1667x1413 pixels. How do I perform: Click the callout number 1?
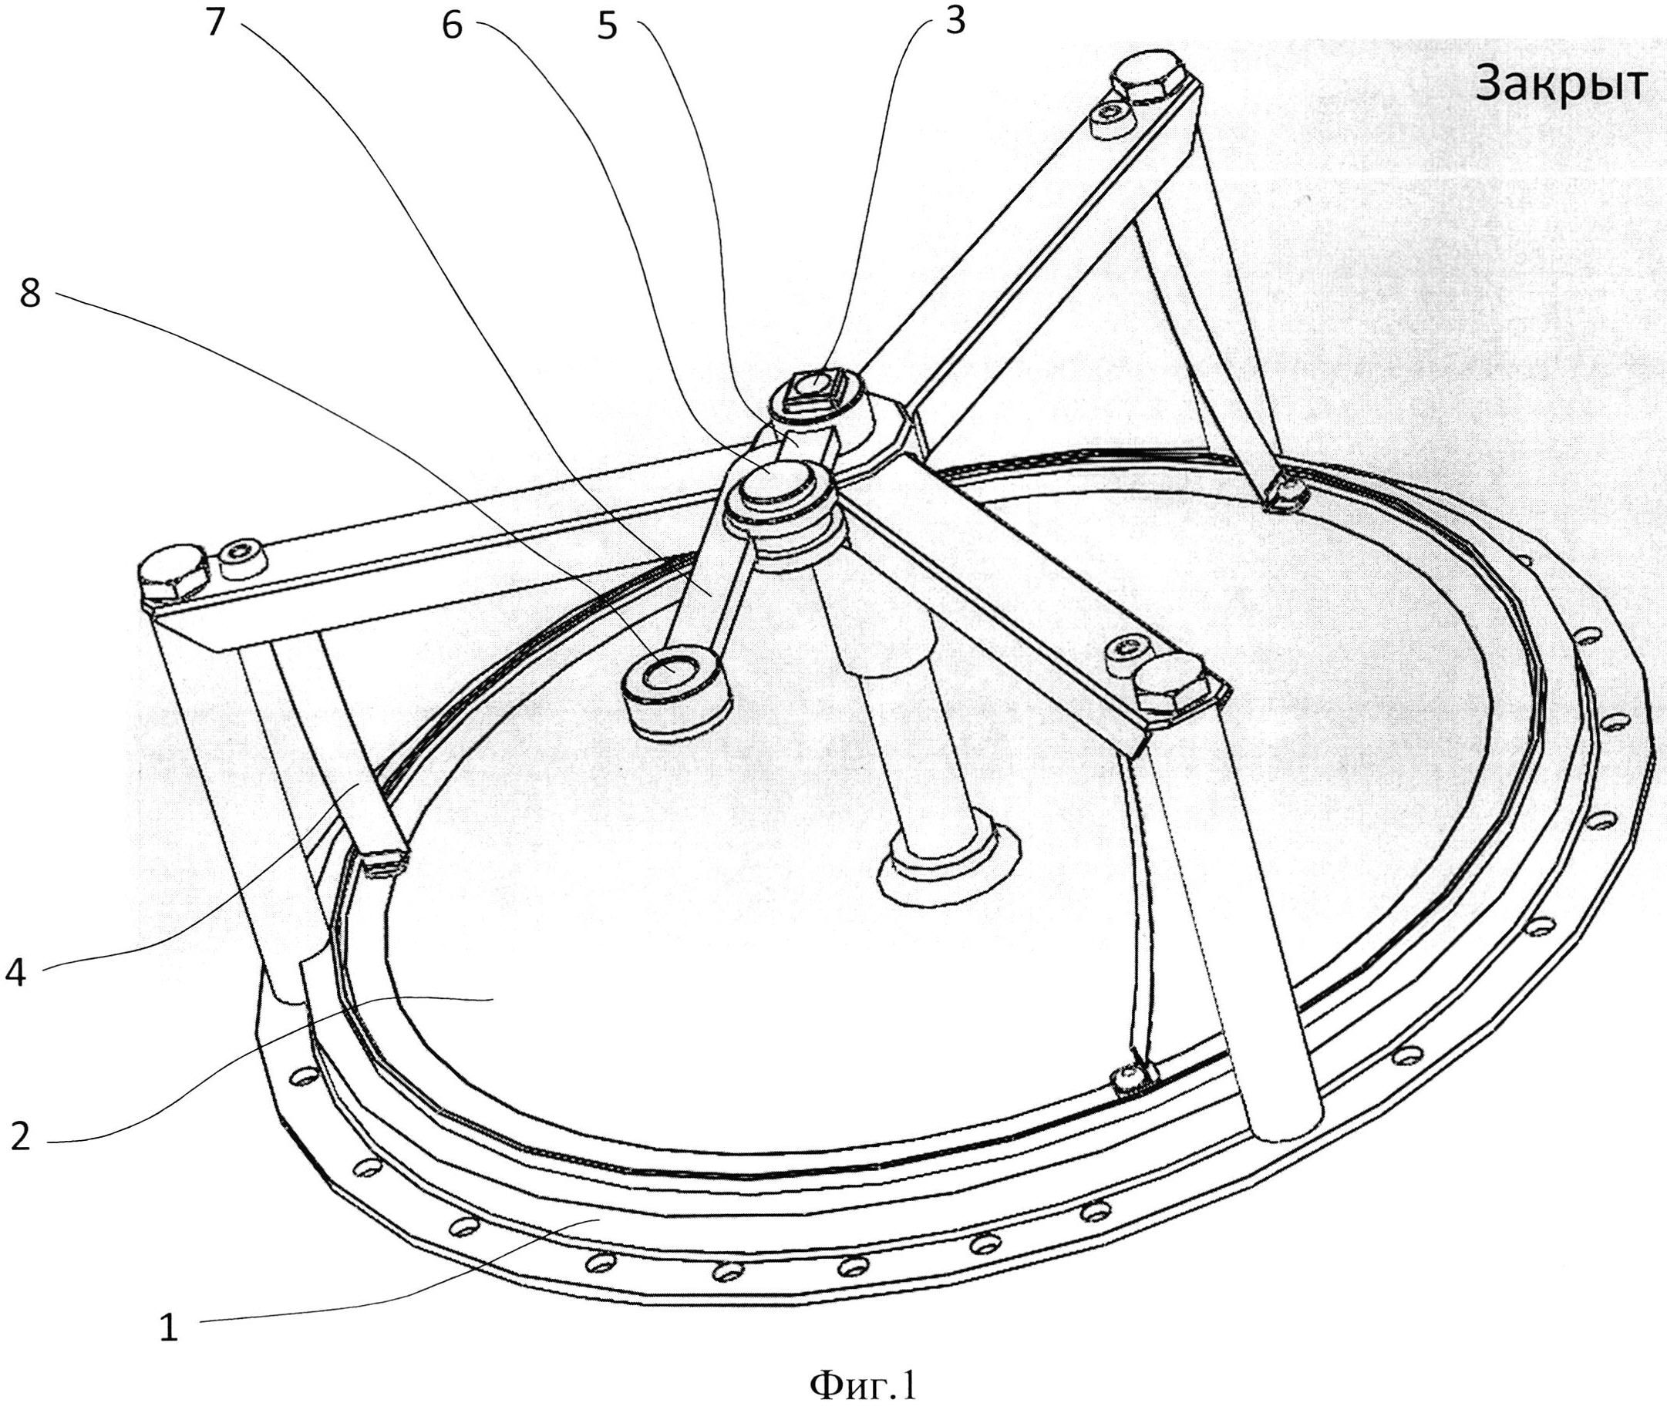(168, 1329)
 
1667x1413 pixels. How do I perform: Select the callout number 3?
(954, 22)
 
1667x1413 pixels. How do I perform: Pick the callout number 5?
(608, 25)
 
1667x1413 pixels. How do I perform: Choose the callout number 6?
(453, 25)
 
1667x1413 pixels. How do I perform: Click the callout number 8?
(29, 294)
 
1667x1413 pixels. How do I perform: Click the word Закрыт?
(1561, 84)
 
